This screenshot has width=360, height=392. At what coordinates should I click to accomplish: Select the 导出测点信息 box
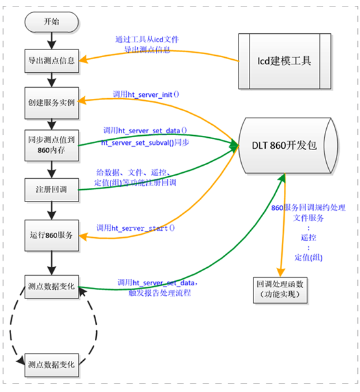(51, 62)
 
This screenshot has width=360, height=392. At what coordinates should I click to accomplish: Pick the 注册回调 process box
(51, 190)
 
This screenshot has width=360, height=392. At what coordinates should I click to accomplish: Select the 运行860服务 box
(51, 233)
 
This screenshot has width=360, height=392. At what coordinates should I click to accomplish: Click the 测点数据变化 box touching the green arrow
(51, 286)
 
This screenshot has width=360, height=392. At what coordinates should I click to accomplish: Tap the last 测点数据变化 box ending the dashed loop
(51, 364)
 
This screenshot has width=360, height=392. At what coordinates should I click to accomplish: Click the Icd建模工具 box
(283, 61)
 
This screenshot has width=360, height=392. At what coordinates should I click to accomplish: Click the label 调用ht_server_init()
(146, 94)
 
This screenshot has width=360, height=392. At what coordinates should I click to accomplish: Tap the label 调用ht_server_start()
(136, 228)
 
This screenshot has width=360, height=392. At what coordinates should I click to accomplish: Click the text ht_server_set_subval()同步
(145, 142)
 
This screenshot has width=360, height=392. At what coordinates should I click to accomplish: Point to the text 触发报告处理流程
(160, 293)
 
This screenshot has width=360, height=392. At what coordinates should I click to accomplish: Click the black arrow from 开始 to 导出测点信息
(51, 40)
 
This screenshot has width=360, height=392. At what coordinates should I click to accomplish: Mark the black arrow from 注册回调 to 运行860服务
(51, 211)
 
